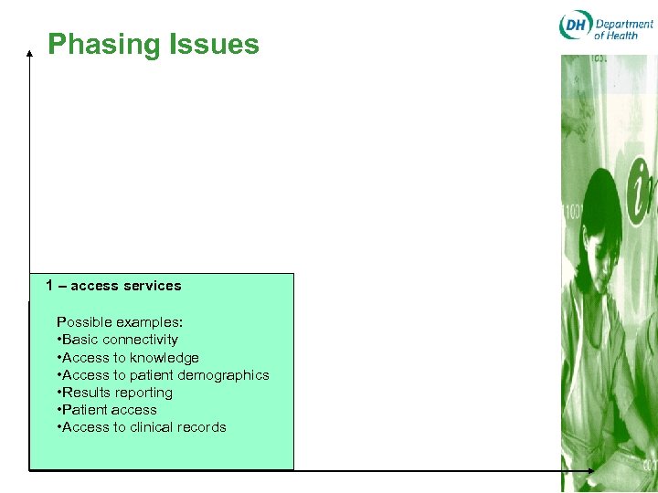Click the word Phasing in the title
103,45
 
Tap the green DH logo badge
576,26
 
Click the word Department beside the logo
625,23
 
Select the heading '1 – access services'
113,286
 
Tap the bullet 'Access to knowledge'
129,358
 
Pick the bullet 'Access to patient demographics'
164,375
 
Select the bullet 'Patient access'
108,410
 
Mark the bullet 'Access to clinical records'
143,427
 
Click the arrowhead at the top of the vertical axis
29,53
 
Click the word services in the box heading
153,286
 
